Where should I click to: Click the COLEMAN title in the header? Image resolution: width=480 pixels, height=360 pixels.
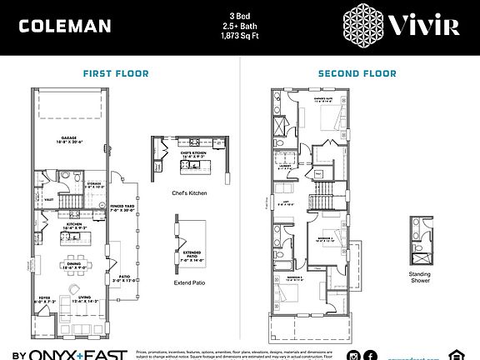pos(64,26)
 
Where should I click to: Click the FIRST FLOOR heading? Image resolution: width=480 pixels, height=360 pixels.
pos(116,73)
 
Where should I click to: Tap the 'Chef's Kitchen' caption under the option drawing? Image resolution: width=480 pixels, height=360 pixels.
pos(189,193)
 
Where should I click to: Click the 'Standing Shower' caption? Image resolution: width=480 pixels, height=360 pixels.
pos(420,277)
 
